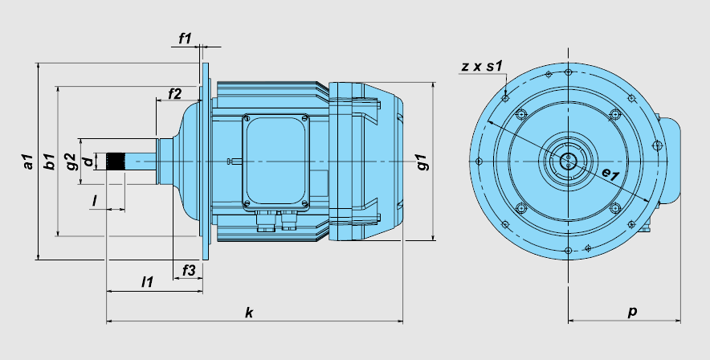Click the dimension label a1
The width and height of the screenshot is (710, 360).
(x=29, y=162)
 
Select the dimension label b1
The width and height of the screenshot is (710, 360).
(x=49, y=162)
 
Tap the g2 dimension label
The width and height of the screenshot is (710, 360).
(x=71, y=162)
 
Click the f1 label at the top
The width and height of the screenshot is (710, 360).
(x=185, y=39)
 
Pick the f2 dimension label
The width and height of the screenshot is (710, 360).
(x=175, y=94)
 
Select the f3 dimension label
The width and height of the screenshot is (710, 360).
(x=189, y=270)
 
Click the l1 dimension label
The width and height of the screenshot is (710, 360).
(x=147, y=282)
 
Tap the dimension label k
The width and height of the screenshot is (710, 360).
(x=249, y=313)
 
